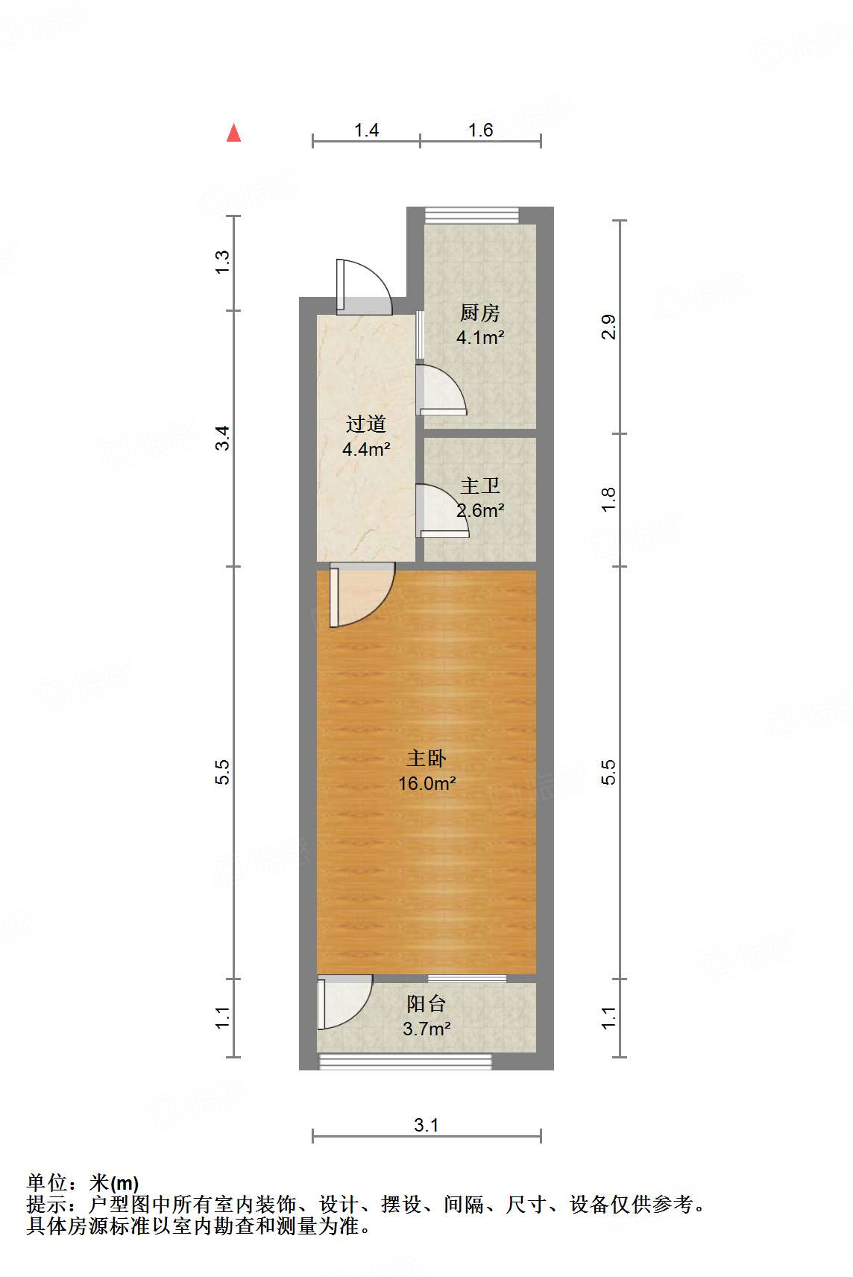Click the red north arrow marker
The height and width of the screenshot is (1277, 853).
[x=234, y=133]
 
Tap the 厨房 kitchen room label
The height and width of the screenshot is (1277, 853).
[x=479, y=313]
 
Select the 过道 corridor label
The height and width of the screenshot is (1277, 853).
[x=365, y=424]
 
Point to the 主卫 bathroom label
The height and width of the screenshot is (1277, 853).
[x=479, y=486]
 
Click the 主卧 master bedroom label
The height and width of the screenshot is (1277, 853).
[x=426, y=759]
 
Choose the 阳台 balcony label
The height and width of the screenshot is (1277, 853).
[x=426, y=1004]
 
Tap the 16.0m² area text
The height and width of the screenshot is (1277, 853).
[x=426, y=784]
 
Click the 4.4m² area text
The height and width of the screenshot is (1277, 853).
[x=366, y=449]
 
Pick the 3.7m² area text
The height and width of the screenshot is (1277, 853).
[x=426, y=1029]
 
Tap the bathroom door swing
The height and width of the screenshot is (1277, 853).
[x=441, y=512]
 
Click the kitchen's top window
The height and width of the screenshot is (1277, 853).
[x=471, y=216]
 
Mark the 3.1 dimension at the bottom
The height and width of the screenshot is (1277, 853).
[x=426, y=1125]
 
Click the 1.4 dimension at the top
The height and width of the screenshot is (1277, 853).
[x=366, y=131]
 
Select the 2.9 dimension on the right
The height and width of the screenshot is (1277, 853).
[x=609, y=327]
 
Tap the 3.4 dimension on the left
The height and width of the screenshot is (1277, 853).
[x=223, y=438]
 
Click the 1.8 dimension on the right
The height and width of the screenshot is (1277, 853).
[x=609, y=499]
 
